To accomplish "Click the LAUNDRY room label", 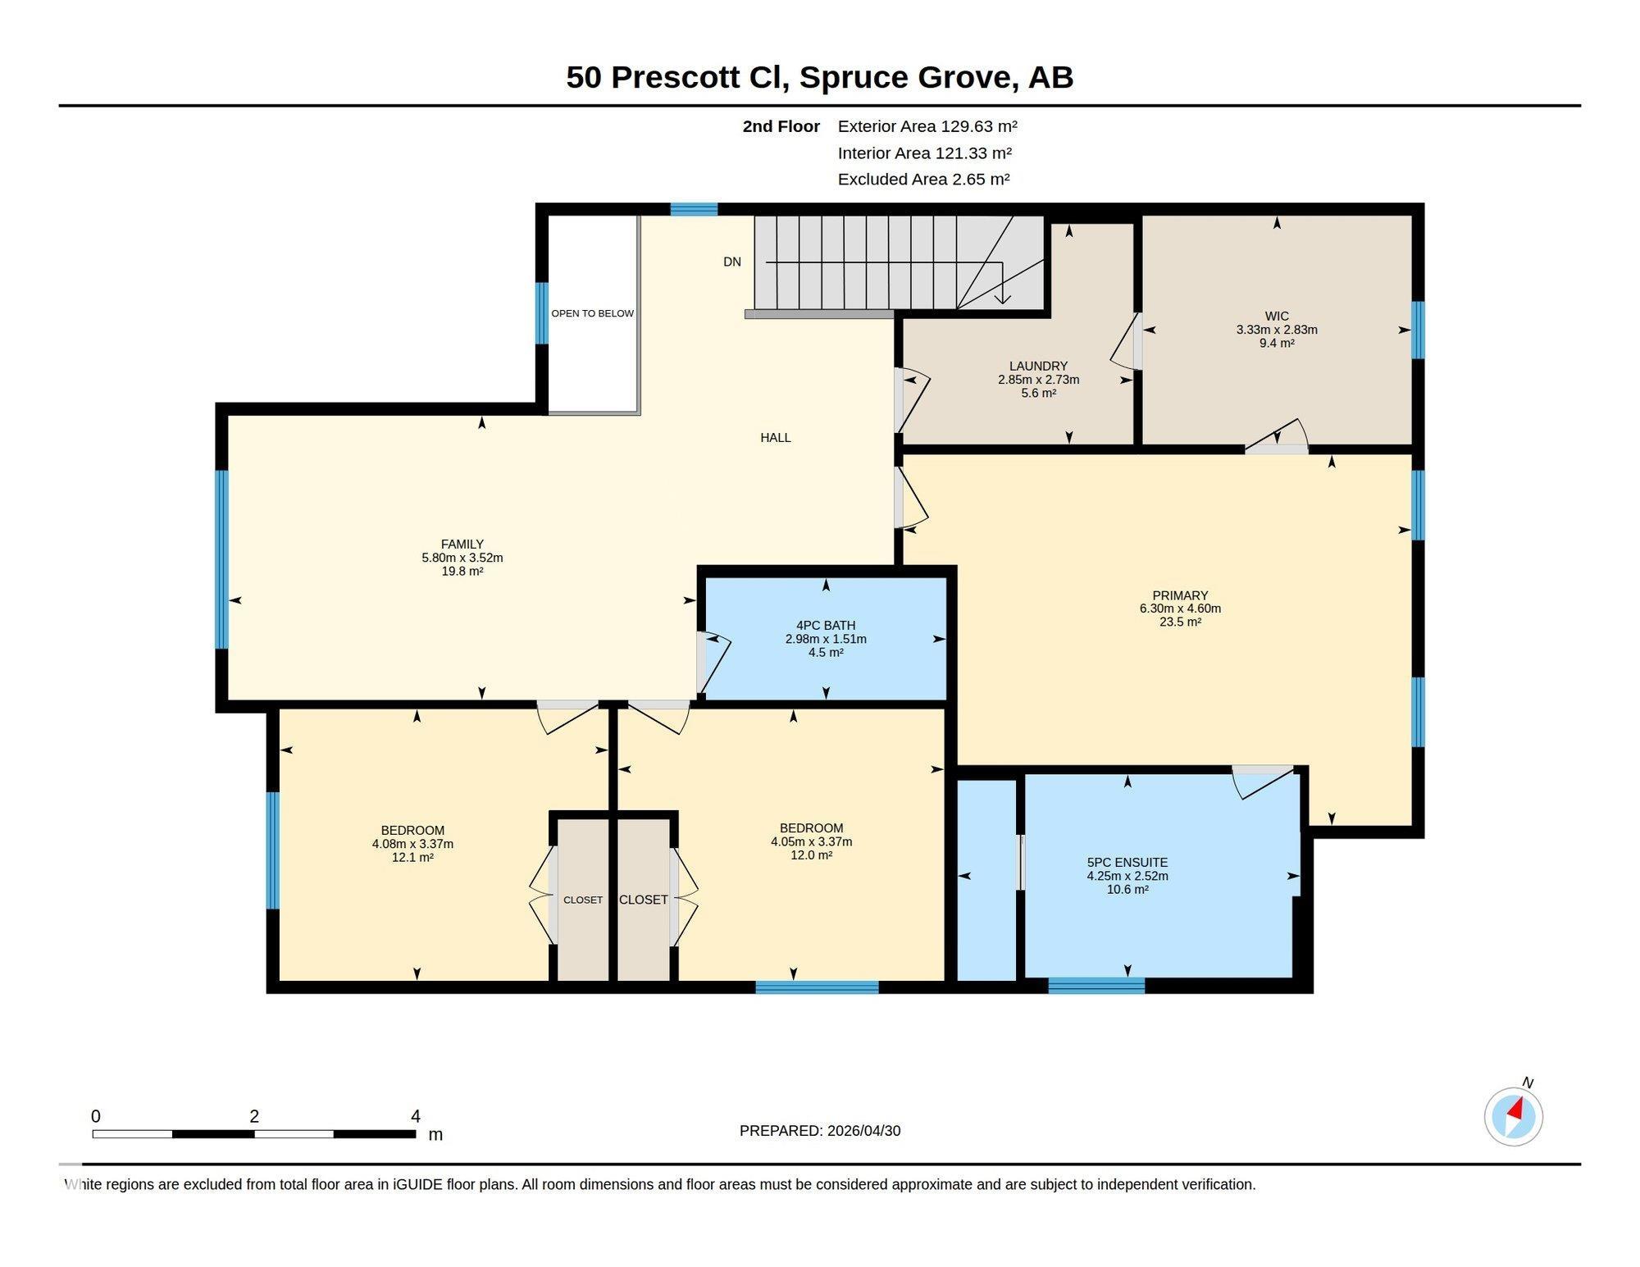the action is coord(1038,366).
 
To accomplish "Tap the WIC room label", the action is coord(1277,316).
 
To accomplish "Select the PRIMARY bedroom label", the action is coord(1180,595).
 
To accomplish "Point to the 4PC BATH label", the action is coord(826,625).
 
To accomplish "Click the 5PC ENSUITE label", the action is coord(1127,862).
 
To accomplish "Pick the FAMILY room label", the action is coord(462,544).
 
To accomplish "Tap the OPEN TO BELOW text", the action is coord(592,313).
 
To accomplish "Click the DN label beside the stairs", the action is coord(732,262).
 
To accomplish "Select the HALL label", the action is coord(776,437).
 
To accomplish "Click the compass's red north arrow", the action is coord(1516,1110).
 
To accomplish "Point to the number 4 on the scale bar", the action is coord(416,1116).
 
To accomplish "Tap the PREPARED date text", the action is coord(820,1130).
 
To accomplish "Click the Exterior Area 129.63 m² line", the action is coord(927,126).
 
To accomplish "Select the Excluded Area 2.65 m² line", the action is coord(923,179).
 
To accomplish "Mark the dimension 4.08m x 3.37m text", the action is coord(412,844).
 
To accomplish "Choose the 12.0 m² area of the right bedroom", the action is coord(812,855).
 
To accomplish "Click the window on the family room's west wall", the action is coord(221,559).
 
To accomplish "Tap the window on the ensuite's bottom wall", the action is coord(1096,986).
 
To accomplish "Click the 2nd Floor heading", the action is coord(781,126).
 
